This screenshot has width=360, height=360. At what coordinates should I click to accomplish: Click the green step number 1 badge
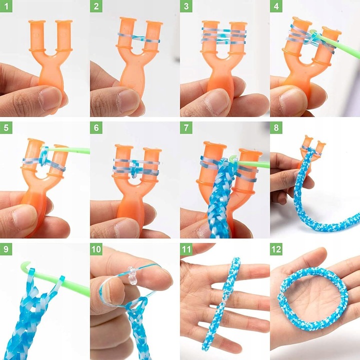(x=6, y=6)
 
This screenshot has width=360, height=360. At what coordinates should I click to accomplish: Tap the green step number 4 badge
(x=276, y=6)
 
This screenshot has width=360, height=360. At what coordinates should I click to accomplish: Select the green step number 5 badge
(x=6, y=127)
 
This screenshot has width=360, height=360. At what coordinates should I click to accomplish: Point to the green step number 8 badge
(x=276, y=127)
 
